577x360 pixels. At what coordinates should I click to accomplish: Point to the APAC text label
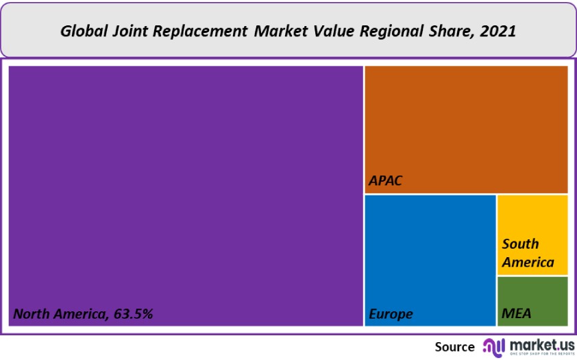(385, 182)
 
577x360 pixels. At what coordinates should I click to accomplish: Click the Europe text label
(391, 314)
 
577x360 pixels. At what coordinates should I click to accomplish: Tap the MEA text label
(516, 314)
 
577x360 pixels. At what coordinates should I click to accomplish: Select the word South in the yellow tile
(520, 244)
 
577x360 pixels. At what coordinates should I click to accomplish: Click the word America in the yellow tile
(528, 262)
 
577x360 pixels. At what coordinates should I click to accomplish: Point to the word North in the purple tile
(31, 314)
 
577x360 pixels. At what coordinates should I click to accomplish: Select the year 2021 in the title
(498, 31)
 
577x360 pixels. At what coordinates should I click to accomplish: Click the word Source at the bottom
(454, 347)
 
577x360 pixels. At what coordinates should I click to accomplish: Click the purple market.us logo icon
(493, 346)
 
